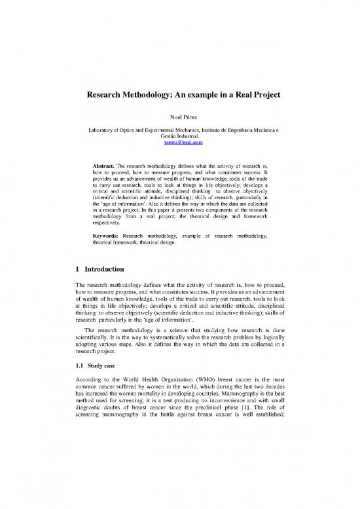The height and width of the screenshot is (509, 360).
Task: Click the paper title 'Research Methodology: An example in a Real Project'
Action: coord(179,95)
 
